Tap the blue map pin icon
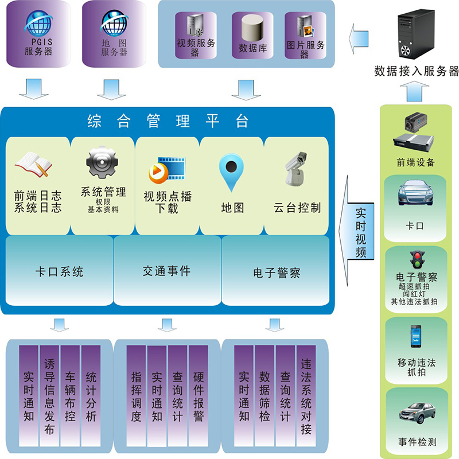pos(232,172)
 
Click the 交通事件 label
pos(166,271)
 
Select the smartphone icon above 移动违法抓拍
pos(416,337)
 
